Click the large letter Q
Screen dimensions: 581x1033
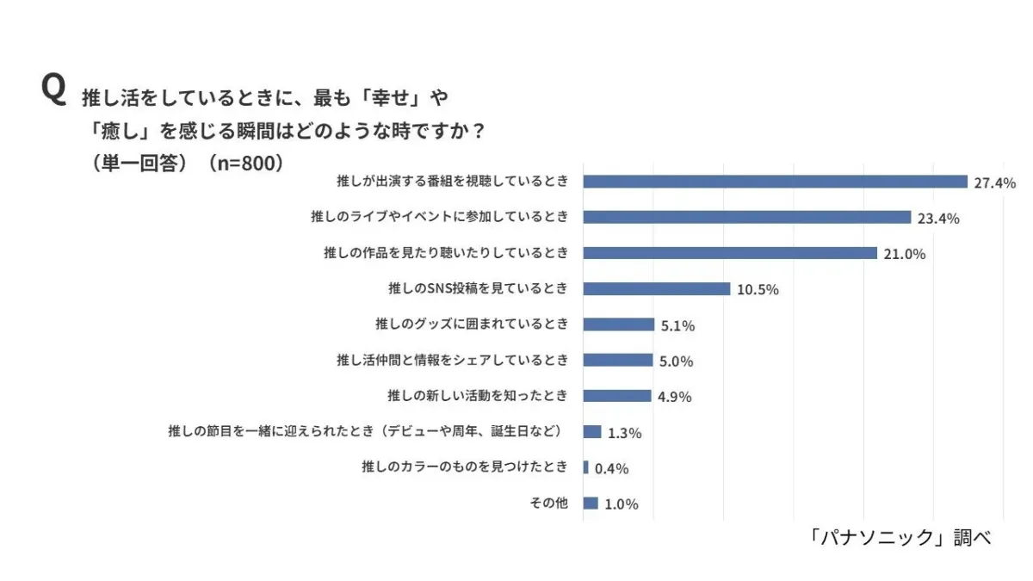[x=53, y=90]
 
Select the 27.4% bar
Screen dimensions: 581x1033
[x=775, y=182]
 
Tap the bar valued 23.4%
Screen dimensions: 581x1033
[x=746, y=217]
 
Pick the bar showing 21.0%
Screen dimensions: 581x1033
[x=730, y=253]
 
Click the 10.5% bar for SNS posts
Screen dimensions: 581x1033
[x=656, y=288]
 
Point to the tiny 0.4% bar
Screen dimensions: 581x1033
[x=586, y=467]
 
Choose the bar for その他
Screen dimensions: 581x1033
[x=591, y=504]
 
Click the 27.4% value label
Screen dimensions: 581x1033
[x=995, y=182]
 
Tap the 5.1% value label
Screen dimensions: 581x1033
[x=677, y=325]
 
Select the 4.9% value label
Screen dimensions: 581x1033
[x=675, y=397]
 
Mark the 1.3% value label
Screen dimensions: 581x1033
[x=624, y=433]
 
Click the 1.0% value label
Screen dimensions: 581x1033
[x=621, y=504]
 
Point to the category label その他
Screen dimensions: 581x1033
[x=547, y=504]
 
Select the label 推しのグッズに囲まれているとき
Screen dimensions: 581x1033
[x=472, y=324]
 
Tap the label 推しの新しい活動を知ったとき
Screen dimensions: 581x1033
[x=478, y=396]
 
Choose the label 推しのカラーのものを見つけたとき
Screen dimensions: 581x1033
[x=465, y=467]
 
